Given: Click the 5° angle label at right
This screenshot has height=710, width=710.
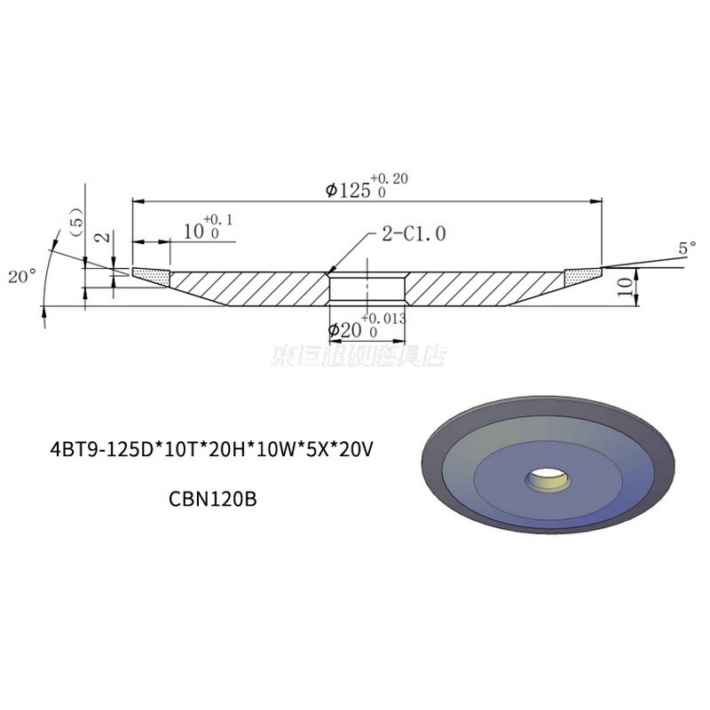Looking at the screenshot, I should (687, 250).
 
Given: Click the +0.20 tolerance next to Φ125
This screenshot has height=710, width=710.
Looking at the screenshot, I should (391, 178).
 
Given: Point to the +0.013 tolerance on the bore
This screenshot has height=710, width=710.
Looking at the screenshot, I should (383, 317).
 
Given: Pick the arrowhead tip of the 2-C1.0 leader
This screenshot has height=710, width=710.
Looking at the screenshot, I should (328, 272).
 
